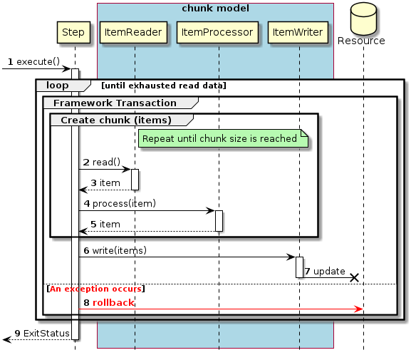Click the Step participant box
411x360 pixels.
[73, 32]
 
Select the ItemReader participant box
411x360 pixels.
[134, 32]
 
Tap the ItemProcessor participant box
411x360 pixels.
[218, 32]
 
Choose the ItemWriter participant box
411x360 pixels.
[299, 32]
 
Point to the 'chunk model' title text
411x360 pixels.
[215, 9]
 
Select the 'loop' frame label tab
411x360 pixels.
[58, 86]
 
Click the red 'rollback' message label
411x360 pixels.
[113, 302]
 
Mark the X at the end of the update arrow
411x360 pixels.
[353, 277]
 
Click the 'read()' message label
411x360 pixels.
[106, 163]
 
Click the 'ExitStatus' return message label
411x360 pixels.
[46, 333]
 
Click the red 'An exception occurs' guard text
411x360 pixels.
[95, 289]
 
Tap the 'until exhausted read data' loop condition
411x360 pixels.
[163, 86]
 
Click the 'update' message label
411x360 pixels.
[329, 272]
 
